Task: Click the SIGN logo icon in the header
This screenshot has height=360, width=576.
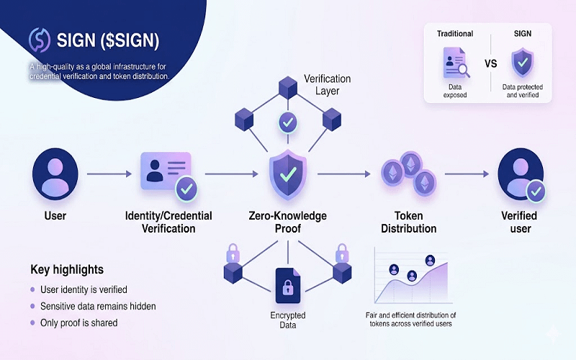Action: (39, 40)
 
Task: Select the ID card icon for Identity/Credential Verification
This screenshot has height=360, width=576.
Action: (165, 173)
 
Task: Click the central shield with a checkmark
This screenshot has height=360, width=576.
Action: (288, 174)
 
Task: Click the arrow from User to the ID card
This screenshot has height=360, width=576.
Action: (109, 174)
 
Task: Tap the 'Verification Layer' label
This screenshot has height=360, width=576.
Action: (325, 85)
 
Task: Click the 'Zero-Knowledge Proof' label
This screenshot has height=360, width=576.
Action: (287, 222)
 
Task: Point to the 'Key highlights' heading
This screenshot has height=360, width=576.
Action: (67, 269)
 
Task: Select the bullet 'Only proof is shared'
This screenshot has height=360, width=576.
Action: (79, 323)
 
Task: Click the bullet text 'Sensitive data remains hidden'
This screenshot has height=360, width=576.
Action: (98, 306)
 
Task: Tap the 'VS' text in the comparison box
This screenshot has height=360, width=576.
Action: (490, 63)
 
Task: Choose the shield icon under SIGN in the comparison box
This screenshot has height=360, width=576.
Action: (523, 63)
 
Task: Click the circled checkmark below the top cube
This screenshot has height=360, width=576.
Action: (287, 122)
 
